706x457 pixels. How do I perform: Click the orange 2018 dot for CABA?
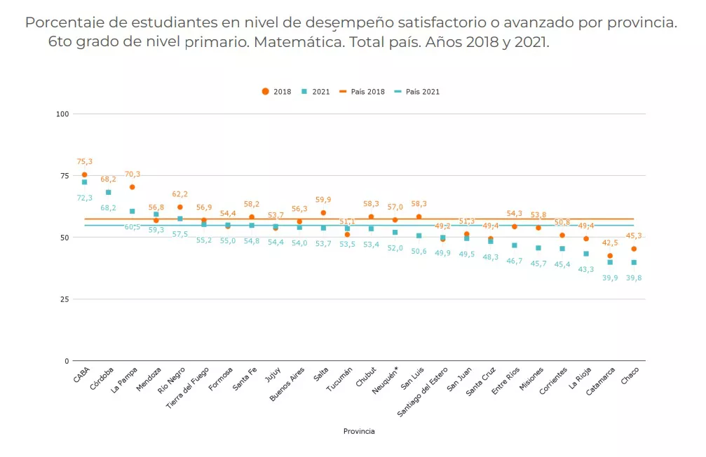(x=84, y=175)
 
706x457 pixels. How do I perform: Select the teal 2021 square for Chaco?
(x=634, y=262)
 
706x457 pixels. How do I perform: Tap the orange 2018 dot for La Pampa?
(x=132, y=187)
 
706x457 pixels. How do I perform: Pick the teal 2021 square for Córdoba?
(x=108, y=192)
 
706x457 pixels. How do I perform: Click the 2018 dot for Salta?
(x=323, y=212)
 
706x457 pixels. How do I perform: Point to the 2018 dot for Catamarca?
(x=610, y=256)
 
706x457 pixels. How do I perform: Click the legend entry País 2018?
(x=362, y=92)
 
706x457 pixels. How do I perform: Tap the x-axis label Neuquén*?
(x=386, y=380)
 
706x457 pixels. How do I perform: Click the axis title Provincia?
(x=358, y=431)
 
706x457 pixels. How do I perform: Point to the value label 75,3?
(x=84, y=162)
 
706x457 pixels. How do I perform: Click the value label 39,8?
(x=634, y=278)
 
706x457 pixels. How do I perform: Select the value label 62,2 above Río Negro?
(x=180, y=194)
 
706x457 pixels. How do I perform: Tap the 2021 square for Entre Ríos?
(x=515, y=245)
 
